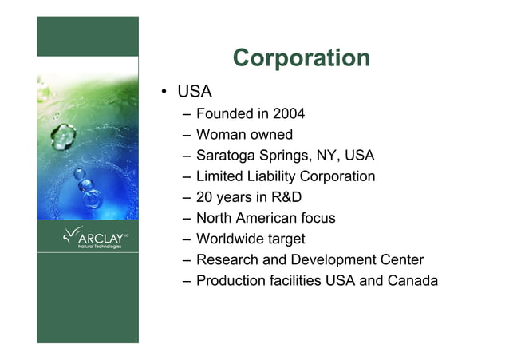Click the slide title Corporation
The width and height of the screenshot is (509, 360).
[301, 58]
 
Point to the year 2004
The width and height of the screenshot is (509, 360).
[288, 114]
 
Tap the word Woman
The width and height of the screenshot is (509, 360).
[220, 135]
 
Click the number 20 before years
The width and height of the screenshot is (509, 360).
[205, 197]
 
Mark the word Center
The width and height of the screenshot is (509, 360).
[397, 259]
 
